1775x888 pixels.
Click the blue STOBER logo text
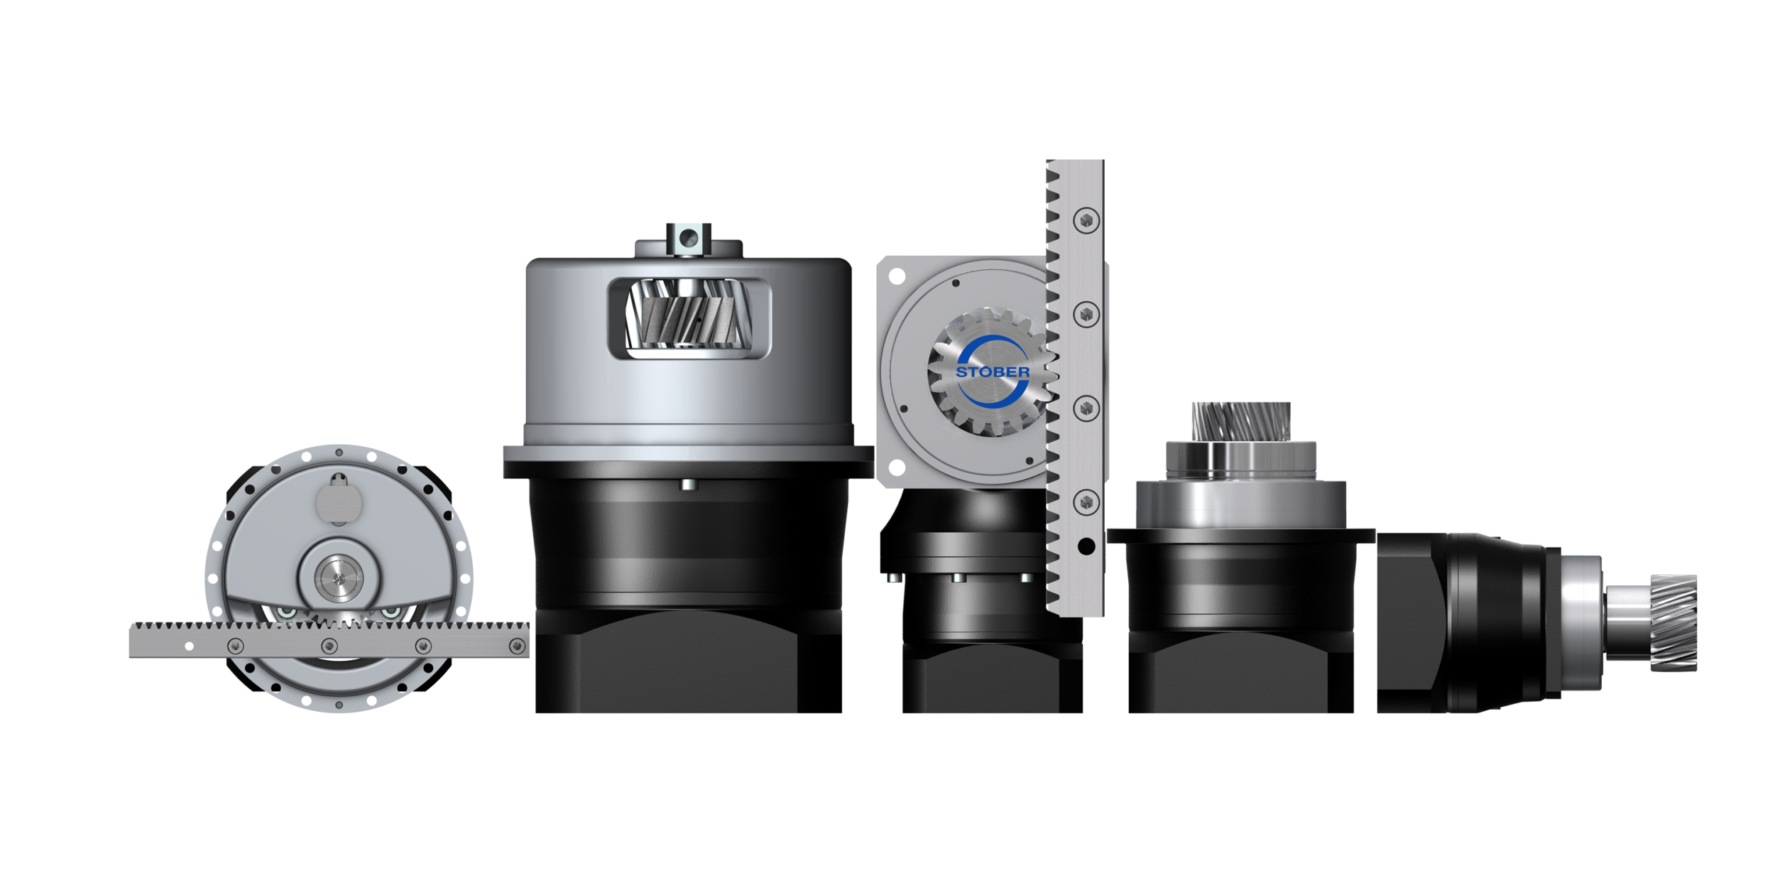click(993, 372)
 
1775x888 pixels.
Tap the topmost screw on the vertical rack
click(1086, 220)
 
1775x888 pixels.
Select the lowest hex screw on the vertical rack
click(1086, 502)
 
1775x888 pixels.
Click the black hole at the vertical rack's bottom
click(1086, 546)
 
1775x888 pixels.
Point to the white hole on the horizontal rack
click(189, 646)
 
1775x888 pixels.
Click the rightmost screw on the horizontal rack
click(517, 646)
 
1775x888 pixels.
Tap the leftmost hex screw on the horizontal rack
click(235, 646)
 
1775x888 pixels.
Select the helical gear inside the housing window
click(687, 313)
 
